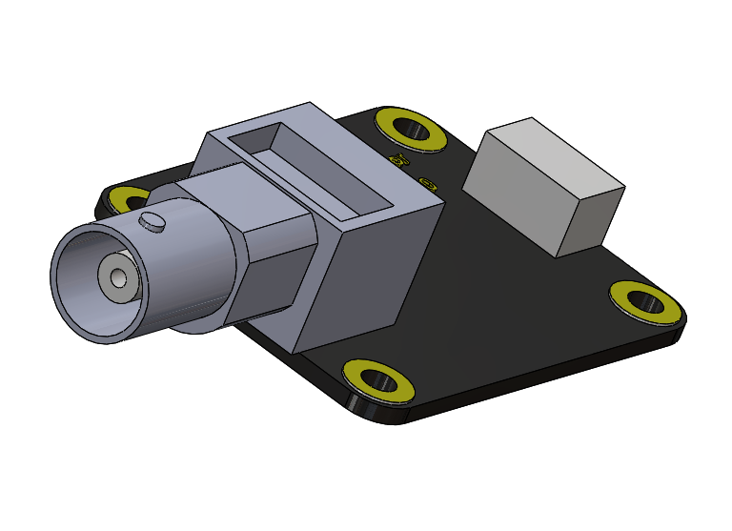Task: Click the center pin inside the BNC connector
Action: pyautogui.click(x=118, y=278)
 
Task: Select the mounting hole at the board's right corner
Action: pyautogui.click(x=645, y=302)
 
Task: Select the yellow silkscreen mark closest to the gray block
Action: pyautogui.click(x=428, y=184)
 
